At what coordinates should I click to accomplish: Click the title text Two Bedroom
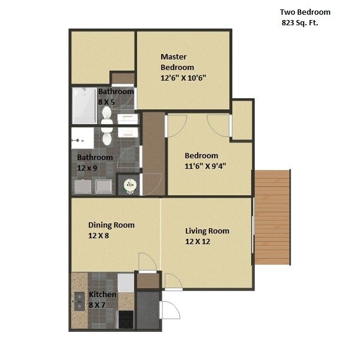point(305,12)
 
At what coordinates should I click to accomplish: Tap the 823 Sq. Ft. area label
point(304,24)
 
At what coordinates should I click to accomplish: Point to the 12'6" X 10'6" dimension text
point(184,77)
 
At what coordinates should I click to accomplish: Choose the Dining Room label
point(111,225)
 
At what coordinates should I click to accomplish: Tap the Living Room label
point(207,231)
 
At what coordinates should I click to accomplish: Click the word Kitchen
point(102,294)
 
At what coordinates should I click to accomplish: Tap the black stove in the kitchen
point(126,319)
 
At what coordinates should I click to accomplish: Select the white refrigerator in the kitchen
point(126,283)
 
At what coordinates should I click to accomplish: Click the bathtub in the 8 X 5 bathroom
point(84,106)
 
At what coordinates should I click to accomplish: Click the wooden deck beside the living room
point(272,217)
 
